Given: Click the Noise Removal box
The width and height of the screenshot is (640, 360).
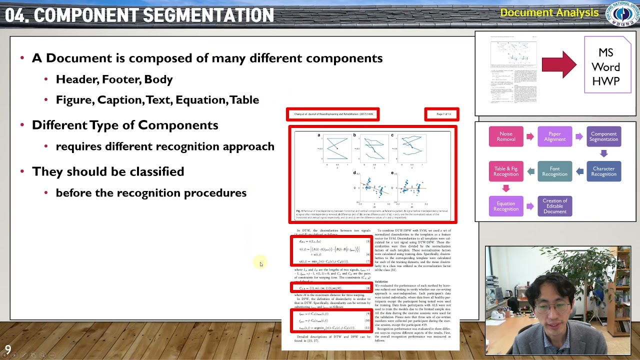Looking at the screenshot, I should pyautogui.click(x=505, y=136).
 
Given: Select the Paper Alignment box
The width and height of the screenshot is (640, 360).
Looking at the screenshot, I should pyautogui.click(x=554, y=136).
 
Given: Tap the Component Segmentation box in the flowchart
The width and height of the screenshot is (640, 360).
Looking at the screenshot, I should pyautogui.click(x=603, y=136).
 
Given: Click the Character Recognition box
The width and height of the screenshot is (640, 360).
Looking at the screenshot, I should pyautogui.click(x=603, y=171).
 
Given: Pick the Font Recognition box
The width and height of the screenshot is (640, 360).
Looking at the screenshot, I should pyautogui.click(x=554, y=171).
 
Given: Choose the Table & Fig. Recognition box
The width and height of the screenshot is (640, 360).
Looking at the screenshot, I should pyautogui.click(x=505, y=171).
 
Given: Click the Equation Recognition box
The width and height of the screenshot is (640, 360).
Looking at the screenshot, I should pyautogui.click(x=505, y=206).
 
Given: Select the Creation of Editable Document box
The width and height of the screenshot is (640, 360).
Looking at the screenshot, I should pyautogui.click(x=554, y=206).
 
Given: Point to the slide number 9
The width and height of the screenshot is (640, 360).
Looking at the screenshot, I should pyautogui.click(x=8, y=350).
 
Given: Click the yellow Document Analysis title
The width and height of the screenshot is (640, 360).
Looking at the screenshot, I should pyautogui.click(x=549, y=13).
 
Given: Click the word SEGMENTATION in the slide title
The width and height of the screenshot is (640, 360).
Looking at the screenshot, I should pyautogui.click(x=205, y=15).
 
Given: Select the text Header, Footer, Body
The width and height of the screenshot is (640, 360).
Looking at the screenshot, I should pyautogui.click(x=114, y=79).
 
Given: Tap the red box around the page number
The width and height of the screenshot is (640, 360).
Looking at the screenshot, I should pyautogui.click(x=442, y=114).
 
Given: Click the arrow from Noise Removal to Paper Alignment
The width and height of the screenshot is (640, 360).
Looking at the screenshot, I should pyautogui.click(x=530, y=136).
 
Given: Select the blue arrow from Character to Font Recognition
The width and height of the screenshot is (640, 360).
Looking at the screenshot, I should pyautogui.click(x=579, y=171).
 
